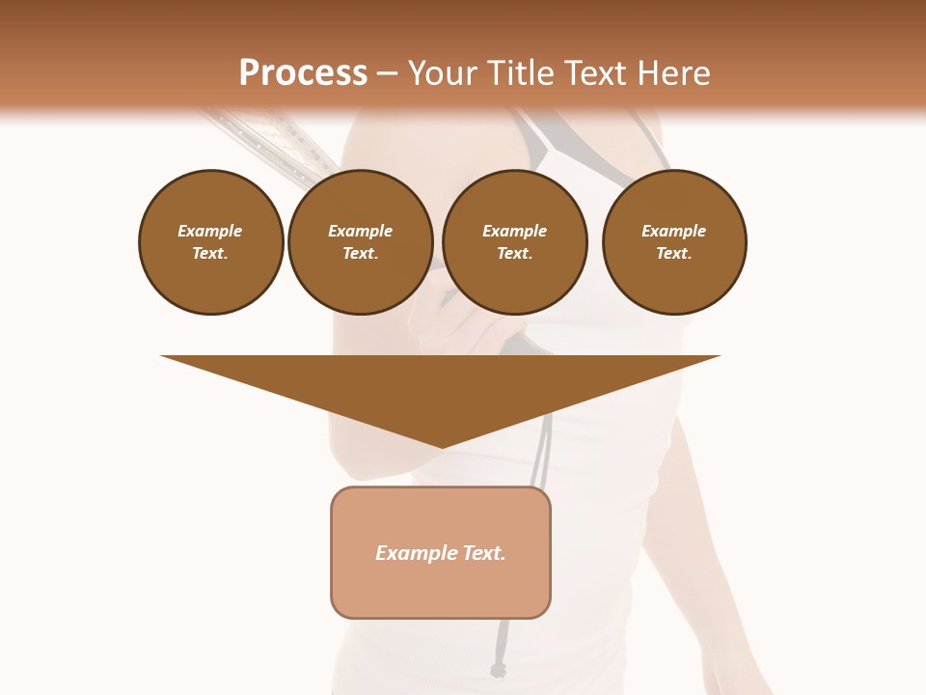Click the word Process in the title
click(x=303, y=73)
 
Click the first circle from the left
click(x=210, y=242)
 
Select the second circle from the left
click(x=360, y=242)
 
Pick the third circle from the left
click(x=514, y=242)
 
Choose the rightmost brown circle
click(x=674, y=242)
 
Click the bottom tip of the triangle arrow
click(x=441, y=446)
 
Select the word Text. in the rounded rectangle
click(x=482, y=553)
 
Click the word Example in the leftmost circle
click(x=210, y=232)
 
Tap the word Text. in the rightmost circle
click(x=674, y=254)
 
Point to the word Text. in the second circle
click(x=360, y=254)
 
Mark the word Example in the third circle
click(x=514, y=232)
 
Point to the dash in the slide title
click(x=387, y=73)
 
